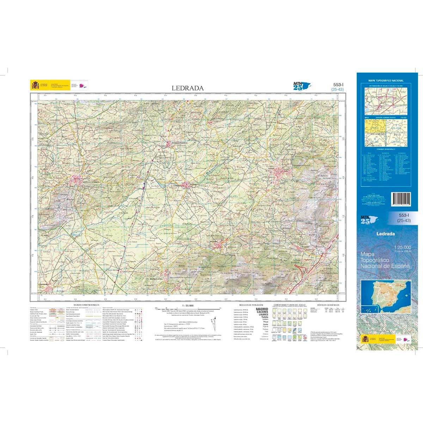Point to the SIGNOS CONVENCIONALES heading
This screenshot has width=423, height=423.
(86, 305)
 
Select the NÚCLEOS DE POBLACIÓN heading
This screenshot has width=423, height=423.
(251, 305)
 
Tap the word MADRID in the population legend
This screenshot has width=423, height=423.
(262, 309)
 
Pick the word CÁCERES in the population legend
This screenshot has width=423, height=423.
(262, 312)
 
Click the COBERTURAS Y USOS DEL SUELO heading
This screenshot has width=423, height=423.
(289, 305)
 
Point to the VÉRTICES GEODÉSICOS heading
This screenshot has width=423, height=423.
(328, 305)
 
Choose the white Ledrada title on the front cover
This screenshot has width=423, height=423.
(385, 233)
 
